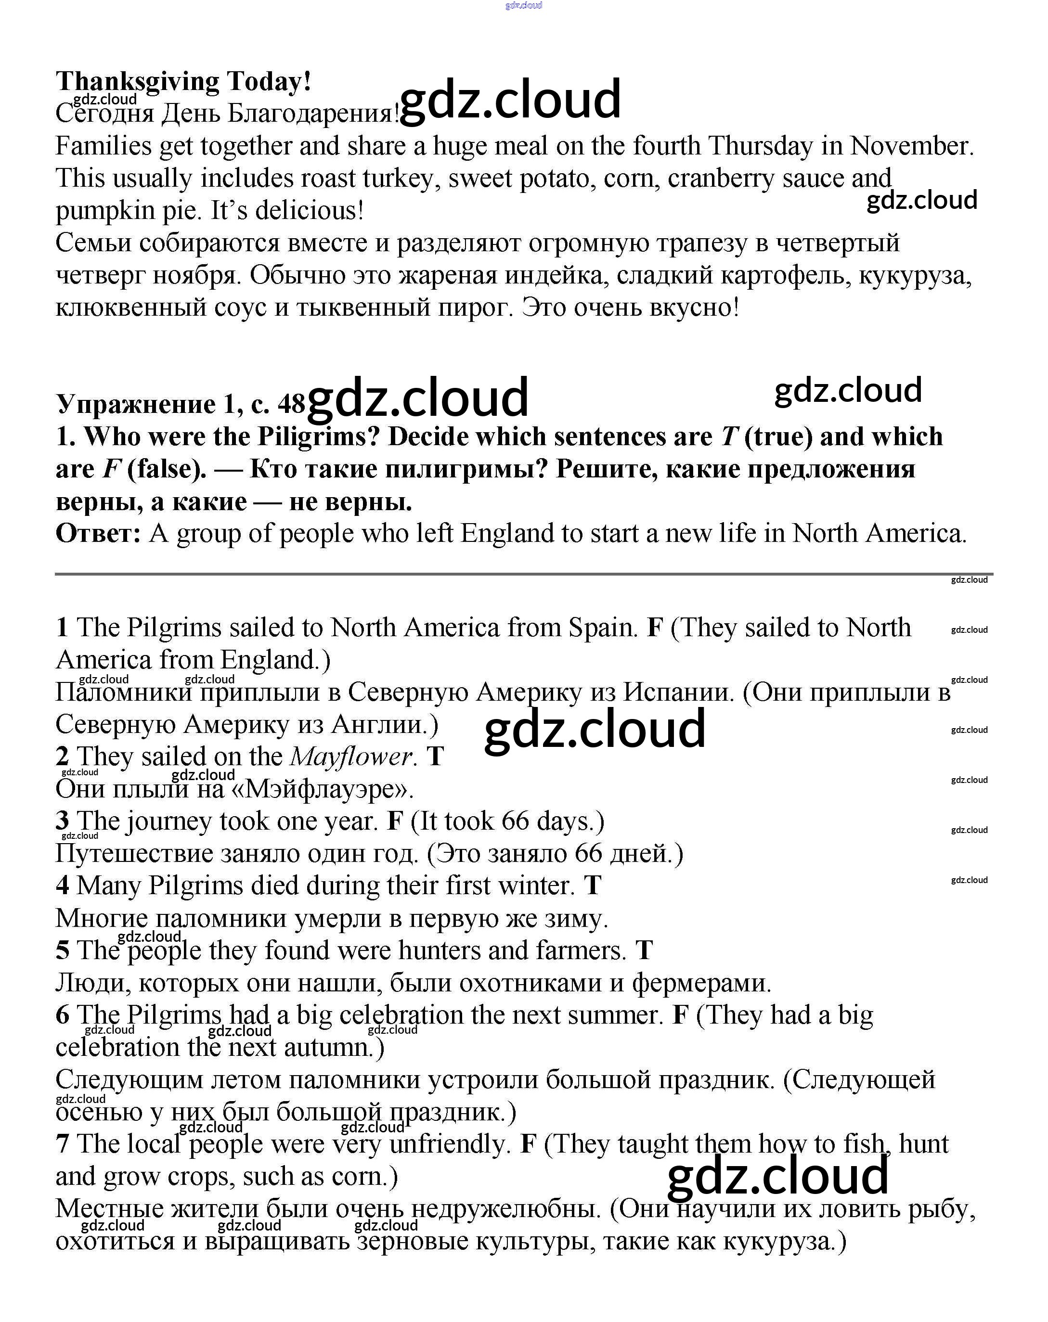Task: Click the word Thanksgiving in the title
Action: pos(137,81)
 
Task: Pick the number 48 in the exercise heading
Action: pos(291,403)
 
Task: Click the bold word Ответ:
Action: pos(98,533)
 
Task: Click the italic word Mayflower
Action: pos(351,756)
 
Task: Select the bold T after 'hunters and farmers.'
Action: pos(644,950)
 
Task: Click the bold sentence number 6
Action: pos(63,1015)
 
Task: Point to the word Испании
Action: pos(678,692)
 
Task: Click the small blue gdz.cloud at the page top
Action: pos(523,5)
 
